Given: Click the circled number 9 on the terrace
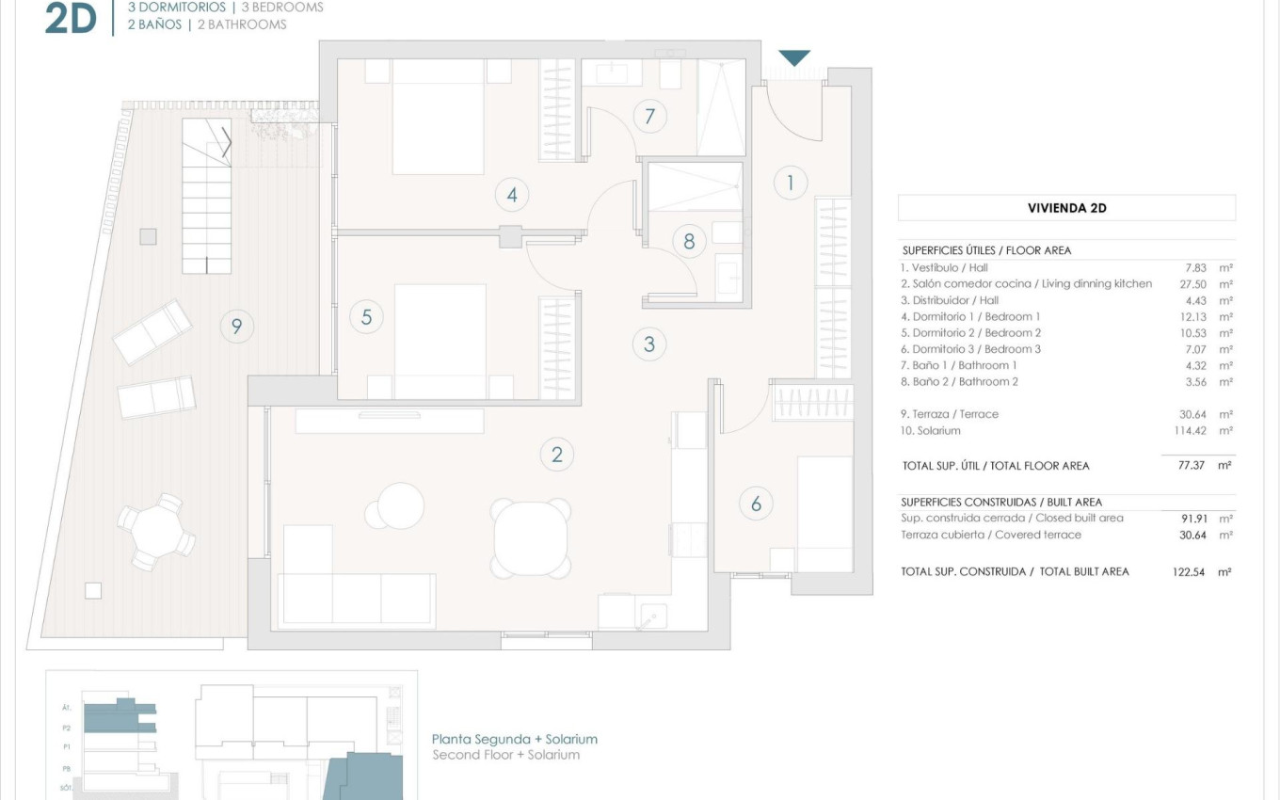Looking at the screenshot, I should pyautogui.click(x=236, y=327).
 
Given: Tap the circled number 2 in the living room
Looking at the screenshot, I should pyautogui.click(x=557, y=456).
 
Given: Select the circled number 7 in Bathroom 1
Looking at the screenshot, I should pyautogui.click(x=649, y=117).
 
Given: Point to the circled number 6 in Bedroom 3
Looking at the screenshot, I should pyautogui.click(x=756, y=504).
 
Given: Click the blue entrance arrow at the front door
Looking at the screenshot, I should pyautogui.click(x=794, y=57).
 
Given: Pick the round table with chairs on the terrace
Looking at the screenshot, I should pyautogui.click(x=157, y=532).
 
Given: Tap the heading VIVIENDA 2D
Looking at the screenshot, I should pyautogui.click(x=1066, y=208).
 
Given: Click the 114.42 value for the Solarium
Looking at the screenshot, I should pyautogui.click(x=1191, y=431).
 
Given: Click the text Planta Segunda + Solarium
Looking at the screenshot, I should pyautogui.click(x=514, y=740).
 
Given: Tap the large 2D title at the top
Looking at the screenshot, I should pyautogui.click(x=72, y=19).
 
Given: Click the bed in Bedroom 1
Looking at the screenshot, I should pyautogui.click(x=438, y=117).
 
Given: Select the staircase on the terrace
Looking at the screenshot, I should pyautogui.click(x=207, y=198).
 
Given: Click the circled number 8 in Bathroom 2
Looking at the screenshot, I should pyautogui.click(x=689, y=241).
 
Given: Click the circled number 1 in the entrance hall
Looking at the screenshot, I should pyautogui.click(x=791, y=183).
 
